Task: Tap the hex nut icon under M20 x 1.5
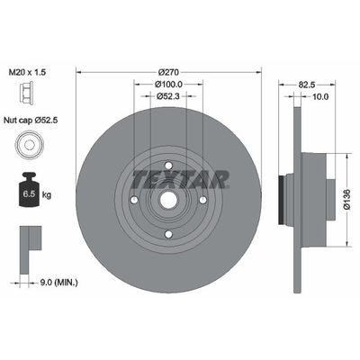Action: [x=28, y=93]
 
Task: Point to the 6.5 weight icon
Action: [x=28, y=189]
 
